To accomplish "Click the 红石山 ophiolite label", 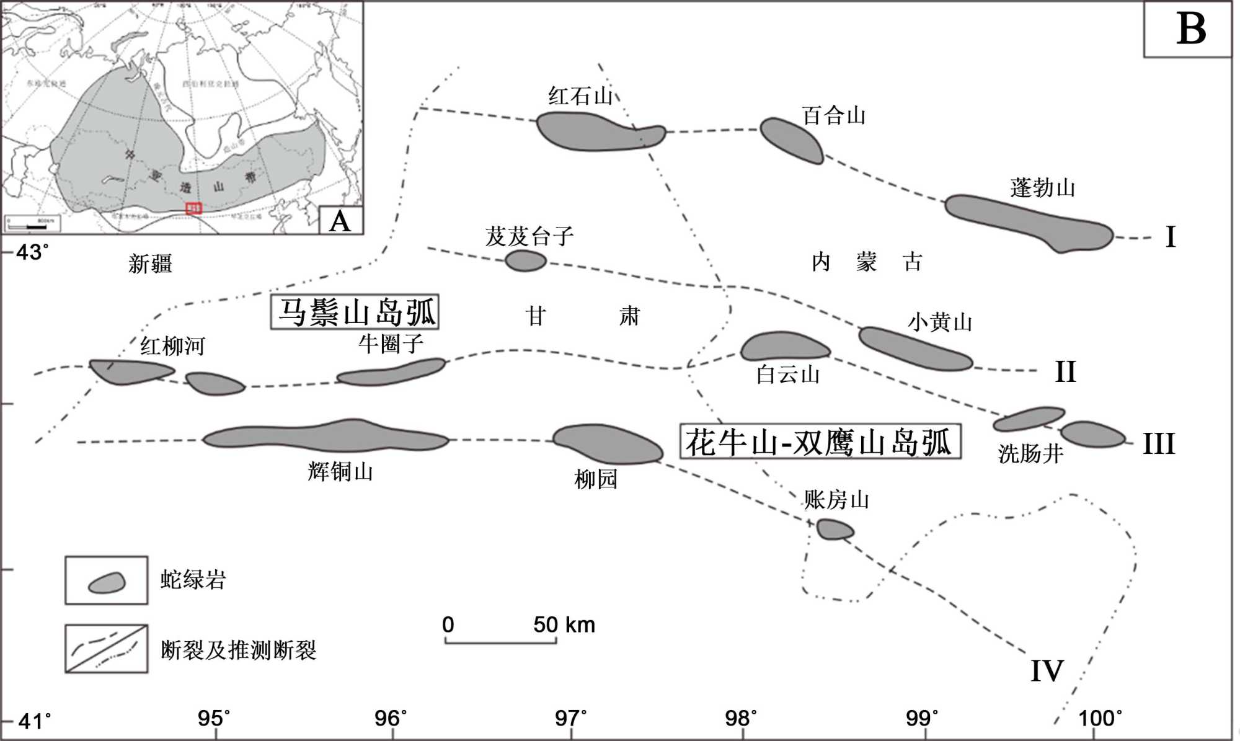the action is click(x=580, y=96).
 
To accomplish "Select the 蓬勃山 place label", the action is click(x=1042, y=188).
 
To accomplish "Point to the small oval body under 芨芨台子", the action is click(x=526, y=261).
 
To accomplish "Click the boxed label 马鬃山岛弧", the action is click(x=355, y=312).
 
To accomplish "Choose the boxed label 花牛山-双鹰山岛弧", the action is click(x=820, y=441).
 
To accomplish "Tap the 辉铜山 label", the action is click(x=340, y=472).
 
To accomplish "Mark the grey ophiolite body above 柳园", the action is click(x=607, y=443).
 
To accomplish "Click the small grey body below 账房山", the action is click(x=835, y=530).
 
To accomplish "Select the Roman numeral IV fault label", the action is click(x=1047, y=671).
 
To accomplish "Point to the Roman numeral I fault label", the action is click(x=1170, y=237).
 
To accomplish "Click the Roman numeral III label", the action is click(x=1158, y=444).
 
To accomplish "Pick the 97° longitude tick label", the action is click(x=570, y=718).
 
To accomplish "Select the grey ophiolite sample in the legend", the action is click(x=107, y=582).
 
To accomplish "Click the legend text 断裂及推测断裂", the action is click(x=239, y=650).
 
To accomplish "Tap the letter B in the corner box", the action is click(x=1191, y=29).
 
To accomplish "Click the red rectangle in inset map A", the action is click(x=194, y=208).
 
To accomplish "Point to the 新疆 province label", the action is click(x=150, y=264).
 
